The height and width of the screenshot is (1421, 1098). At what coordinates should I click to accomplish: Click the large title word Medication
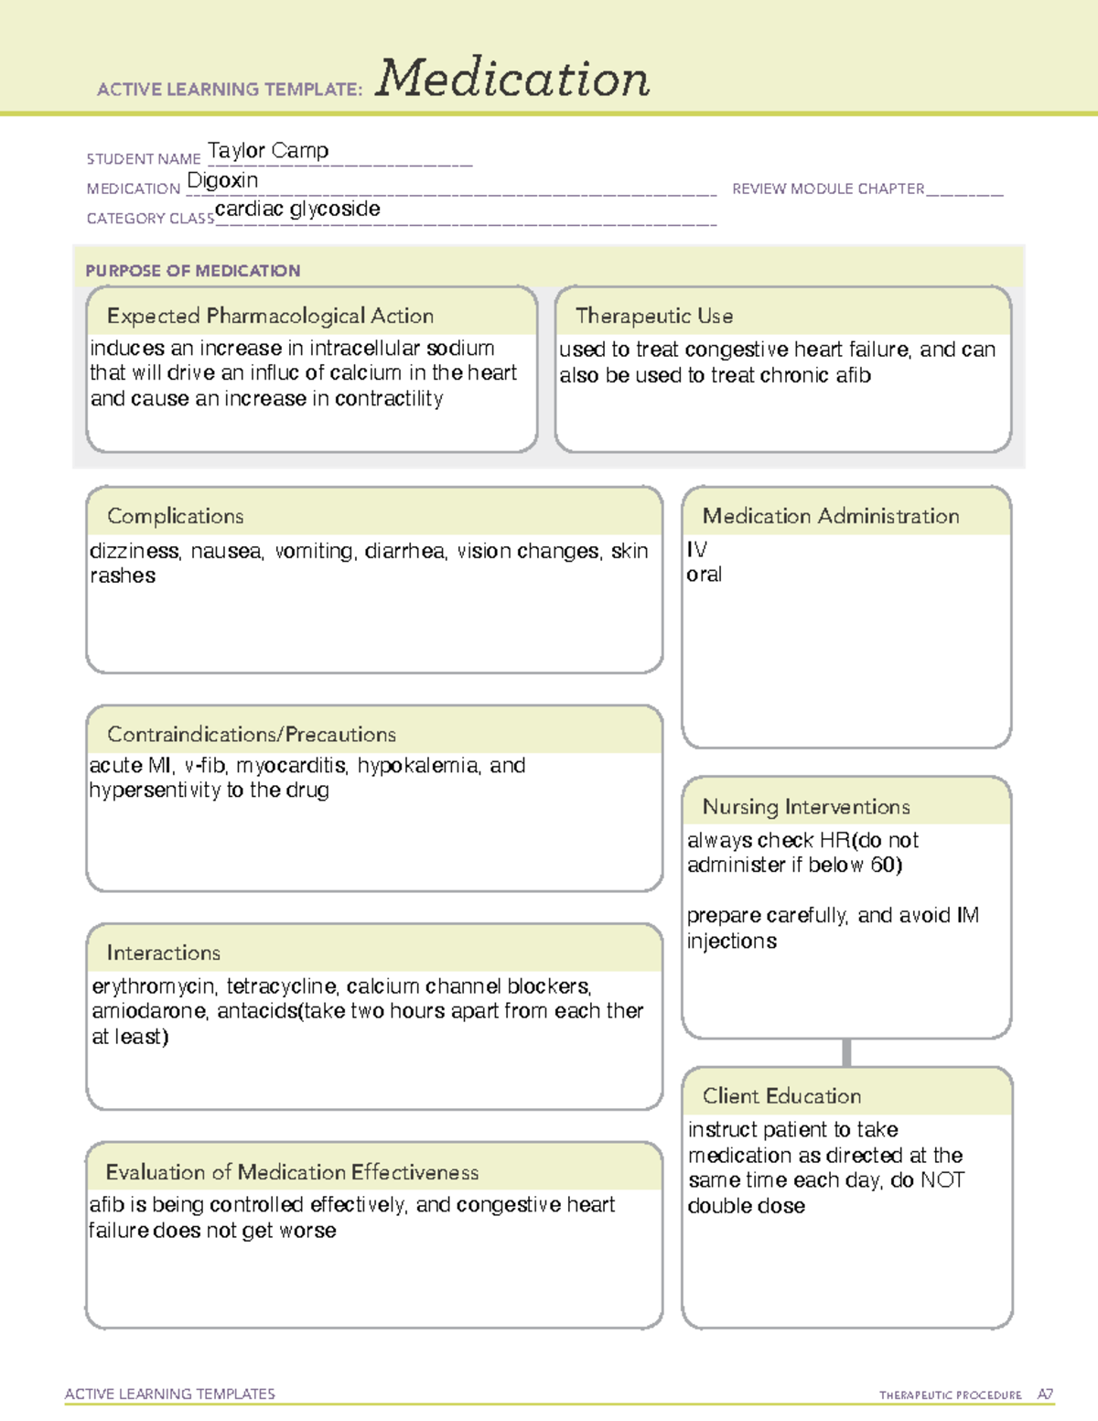coord(512,79)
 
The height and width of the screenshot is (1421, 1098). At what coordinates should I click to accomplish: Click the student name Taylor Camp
coord(268,151)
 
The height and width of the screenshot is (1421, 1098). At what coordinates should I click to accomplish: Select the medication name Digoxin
coord(222,180)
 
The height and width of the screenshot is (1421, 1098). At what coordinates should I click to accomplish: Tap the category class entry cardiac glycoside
coord(297,209)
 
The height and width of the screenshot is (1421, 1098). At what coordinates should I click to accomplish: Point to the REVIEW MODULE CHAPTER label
coord(828,188)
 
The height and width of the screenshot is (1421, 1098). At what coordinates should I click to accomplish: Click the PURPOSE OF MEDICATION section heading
coord(193,271)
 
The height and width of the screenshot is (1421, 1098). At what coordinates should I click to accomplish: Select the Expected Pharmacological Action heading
coord(270,316)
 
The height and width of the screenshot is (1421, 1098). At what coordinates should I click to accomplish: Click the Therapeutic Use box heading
coord(654,316)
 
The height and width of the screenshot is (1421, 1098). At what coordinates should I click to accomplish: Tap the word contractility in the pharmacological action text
coord(389,399)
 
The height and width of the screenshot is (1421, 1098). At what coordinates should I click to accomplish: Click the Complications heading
coord(176,516)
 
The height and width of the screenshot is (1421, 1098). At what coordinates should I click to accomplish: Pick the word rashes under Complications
coord(123,576)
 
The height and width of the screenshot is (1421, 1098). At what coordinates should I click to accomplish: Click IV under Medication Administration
coord(696,550)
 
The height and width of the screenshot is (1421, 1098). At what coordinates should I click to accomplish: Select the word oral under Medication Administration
coord(705,575)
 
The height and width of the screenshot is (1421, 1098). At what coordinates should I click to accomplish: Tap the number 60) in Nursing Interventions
coord(886,866)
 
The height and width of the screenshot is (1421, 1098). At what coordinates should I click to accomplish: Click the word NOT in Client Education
coord(942,1180)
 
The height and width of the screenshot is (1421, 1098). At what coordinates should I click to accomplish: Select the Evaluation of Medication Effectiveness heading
coord(292,1172)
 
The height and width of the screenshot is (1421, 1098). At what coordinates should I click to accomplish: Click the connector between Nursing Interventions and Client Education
coord(846,1052)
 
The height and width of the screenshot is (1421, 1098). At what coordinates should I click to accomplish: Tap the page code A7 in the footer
coord(1045,1394)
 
